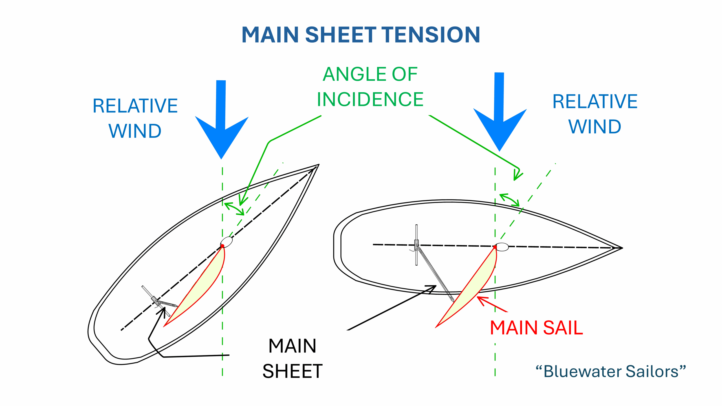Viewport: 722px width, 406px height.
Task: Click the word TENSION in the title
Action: tap(432, 35)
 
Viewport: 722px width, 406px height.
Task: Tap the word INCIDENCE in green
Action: tap(370, 99)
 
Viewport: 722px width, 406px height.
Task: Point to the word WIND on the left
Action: tap(135, 131)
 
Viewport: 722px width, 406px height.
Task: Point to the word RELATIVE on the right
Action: tap(595, 101)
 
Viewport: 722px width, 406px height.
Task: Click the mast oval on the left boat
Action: tap(226, 242)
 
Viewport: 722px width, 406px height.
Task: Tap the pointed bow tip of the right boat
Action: tap(622, 248)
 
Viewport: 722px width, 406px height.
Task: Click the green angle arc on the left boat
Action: tap(234, 208)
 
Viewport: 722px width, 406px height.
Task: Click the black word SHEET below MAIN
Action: tap(292, 371)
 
